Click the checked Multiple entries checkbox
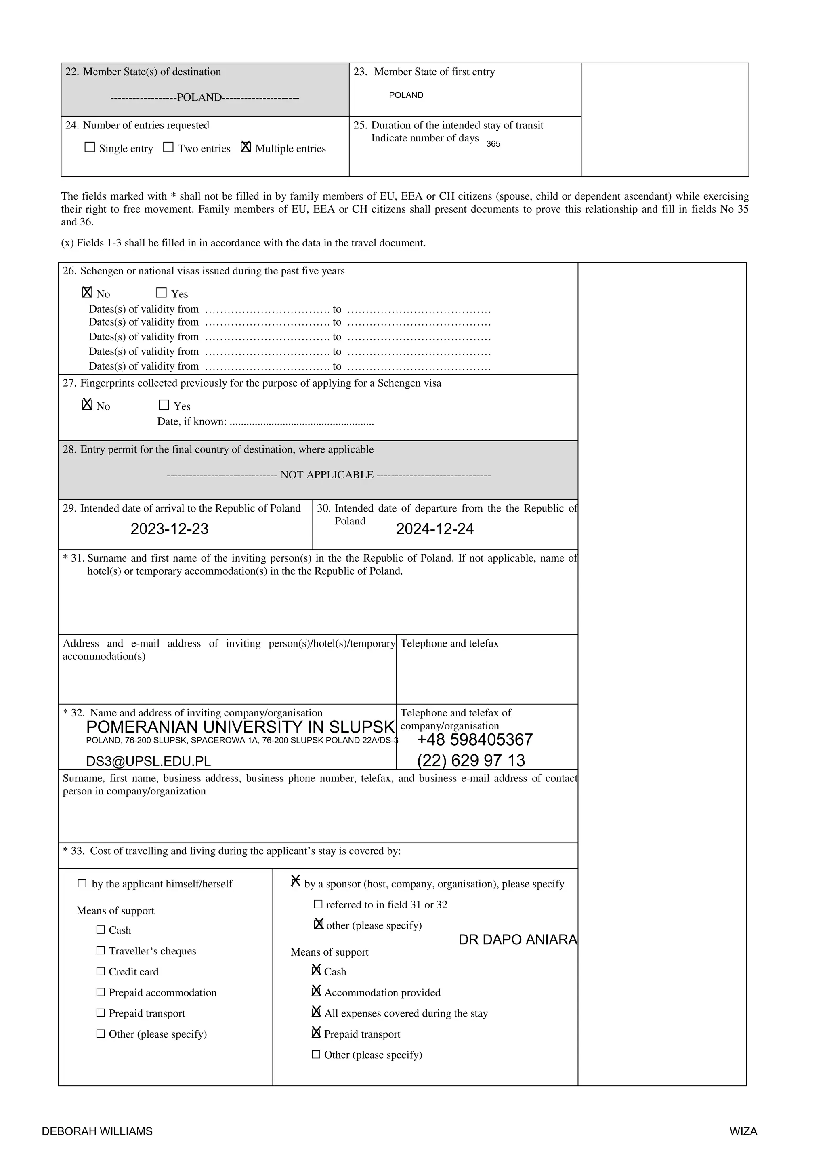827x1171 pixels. coord(246,147)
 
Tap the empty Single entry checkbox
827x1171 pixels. coord(90,147)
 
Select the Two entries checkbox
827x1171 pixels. coord(168,147)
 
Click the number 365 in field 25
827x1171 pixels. coord(493,144)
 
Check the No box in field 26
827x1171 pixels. coord(87,293)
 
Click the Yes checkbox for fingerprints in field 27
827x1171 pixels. coord(164,405)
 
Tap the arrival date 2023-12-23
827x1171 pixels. coord(169,529)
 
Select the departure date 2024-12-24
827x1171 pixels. coord(434,529)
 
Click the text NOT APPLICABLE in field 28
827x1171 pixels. coord(327,475)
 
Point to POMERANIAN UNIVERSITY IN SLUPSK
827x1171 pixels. coord(240,727)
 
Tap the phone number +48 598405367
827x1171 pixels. coord(474,739)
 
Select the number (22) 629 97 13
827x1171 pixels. coord(471,760)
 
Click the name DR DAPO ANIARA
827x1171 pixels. coord(517,940)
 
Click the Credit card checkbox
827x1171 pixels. coord(101,971)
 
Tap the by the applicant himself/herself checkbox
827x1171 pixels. coord(82,883)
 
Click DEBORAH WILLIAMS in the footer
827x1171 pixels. coord(97,1131)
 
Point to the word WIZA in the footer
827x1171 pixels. coord(743,1131)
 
